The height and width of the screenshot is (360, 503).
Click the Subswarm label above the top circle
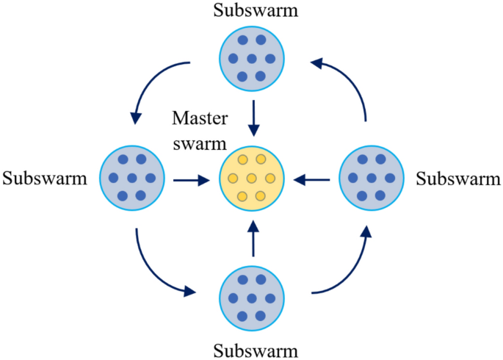coord(251,12)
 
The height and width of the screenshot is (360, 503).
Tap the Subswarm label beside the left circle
coord(45,179)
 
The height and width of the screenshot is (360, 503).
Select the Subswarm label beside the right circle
coord(458,179)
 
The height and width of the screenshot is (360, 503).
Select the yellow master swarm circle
coord(252,179)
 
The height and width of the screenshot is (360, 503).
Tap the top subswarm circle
coord(252,59)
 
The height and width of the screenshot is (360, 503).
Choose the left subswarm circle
coord(132,178)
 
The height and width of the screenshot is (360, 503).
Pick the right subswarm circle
coord(372,178)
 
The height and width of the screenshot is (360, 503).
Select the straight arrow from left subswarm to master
coord(190,179)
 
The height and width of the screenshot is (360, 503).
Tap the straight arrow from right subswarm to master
coord(314,179)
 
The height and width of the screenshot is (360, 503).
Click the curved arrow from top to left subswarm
coord(151,81)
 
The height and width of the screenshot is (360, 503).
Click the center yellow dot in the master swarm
coord(252,179)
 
